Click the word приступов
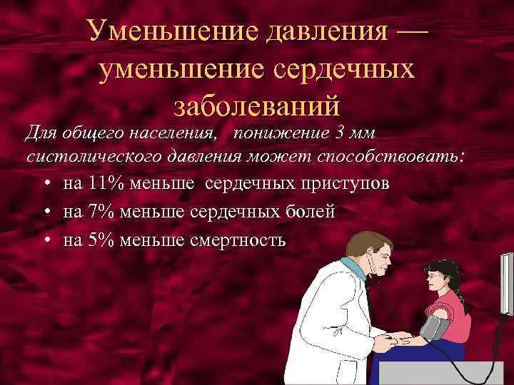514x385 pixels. coord(344,183)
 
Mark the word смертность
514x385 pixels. coord(238,240)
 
